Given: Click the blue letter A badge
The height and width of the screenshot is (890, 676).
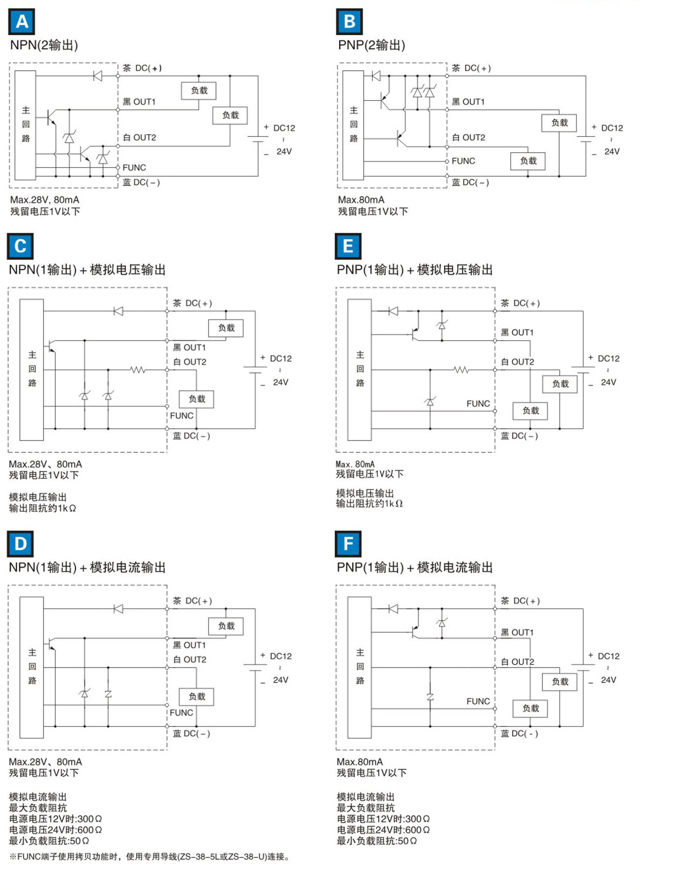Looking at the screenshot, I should click(x=22, y=22).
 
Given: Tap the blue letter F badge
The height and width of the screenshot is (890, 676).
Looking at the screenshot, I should click(x=348, y=543).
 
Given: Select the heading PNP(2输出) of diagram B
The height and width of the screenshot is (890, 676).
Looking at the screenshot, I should click(x=371, y=45).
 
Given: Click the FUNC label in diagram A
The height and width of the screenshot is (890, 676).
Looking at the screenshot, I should click(x=134, y=168).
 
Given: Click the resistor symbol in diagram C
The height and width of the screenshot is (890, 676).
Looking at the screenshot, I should click(x=138, y=370).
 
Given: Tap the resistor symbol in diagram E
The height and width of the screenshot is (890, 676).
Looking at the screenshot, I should click(x=461, y=370).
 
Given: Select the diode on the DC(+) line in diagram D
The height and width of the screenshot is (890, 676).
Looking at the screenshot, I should click(x=118, y=609).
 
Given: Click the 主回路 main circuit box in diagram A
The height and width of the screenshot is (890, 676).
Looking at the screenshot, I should click(x=25, y=125).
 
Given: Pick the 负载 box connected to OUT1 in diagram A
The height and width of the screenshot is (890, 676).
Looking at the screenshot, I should click(x=199, y=91).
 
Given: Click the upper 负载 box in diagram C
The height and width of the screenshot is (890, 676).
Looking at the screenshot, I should click(x=226, y=328).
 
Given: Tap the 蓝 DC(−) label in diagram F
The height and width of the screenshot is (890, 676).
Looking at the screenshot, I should click(x=519, y=733).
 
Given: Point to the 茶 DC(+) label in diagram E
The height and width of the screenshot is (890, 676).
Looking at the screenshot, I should click(x=520, y=303).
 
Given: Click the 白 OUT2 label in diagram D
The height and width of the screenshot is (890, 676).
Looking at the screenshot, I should click(x=189, y=659).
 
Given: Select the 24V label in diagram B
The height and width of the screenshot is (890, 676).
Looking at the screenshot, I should click(x=612, y=151).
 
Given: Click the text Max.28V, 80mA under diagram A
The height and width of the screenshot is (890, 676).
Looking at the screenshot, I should click(x=45, y=200).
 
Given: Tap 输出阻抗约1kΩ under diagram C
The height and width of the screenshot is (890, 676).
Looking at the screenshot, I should click(x=42, y=508).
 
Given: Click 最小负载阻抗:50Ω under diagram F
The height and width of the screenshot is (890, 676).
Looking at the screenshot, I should click(x=376, y=840).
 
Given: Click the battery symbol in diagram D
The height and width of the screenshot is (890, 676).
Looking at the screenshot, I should click(x=255, y=668).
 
